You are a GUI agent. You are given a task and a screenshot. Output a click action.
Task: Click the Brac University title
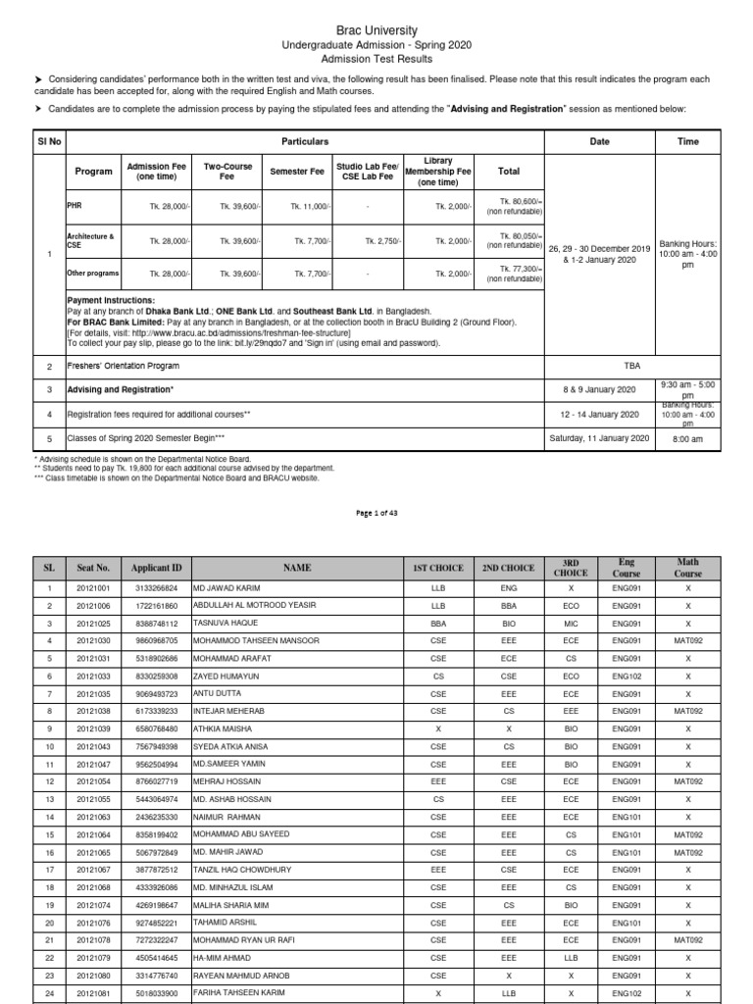pos(376,30)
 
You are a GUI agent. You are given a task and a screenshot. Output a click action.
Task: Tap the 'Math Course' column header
pos(688,568)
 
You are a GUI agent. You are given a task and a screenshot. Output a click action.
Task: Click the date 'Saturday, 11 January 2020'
pos(599,438)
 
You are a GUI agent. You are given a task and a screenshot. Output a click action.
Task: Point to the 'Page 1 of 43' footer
pos(376,513)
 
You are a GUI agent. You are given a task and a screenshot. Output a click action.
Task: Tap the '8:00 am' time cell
pos(688,438)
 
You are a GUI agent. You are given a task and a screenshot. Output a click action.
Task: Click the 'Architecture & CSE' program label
pos(90,240)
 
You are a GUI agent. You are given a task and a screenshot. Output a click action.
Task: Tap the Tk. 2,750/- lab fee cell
pos(381,240)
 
